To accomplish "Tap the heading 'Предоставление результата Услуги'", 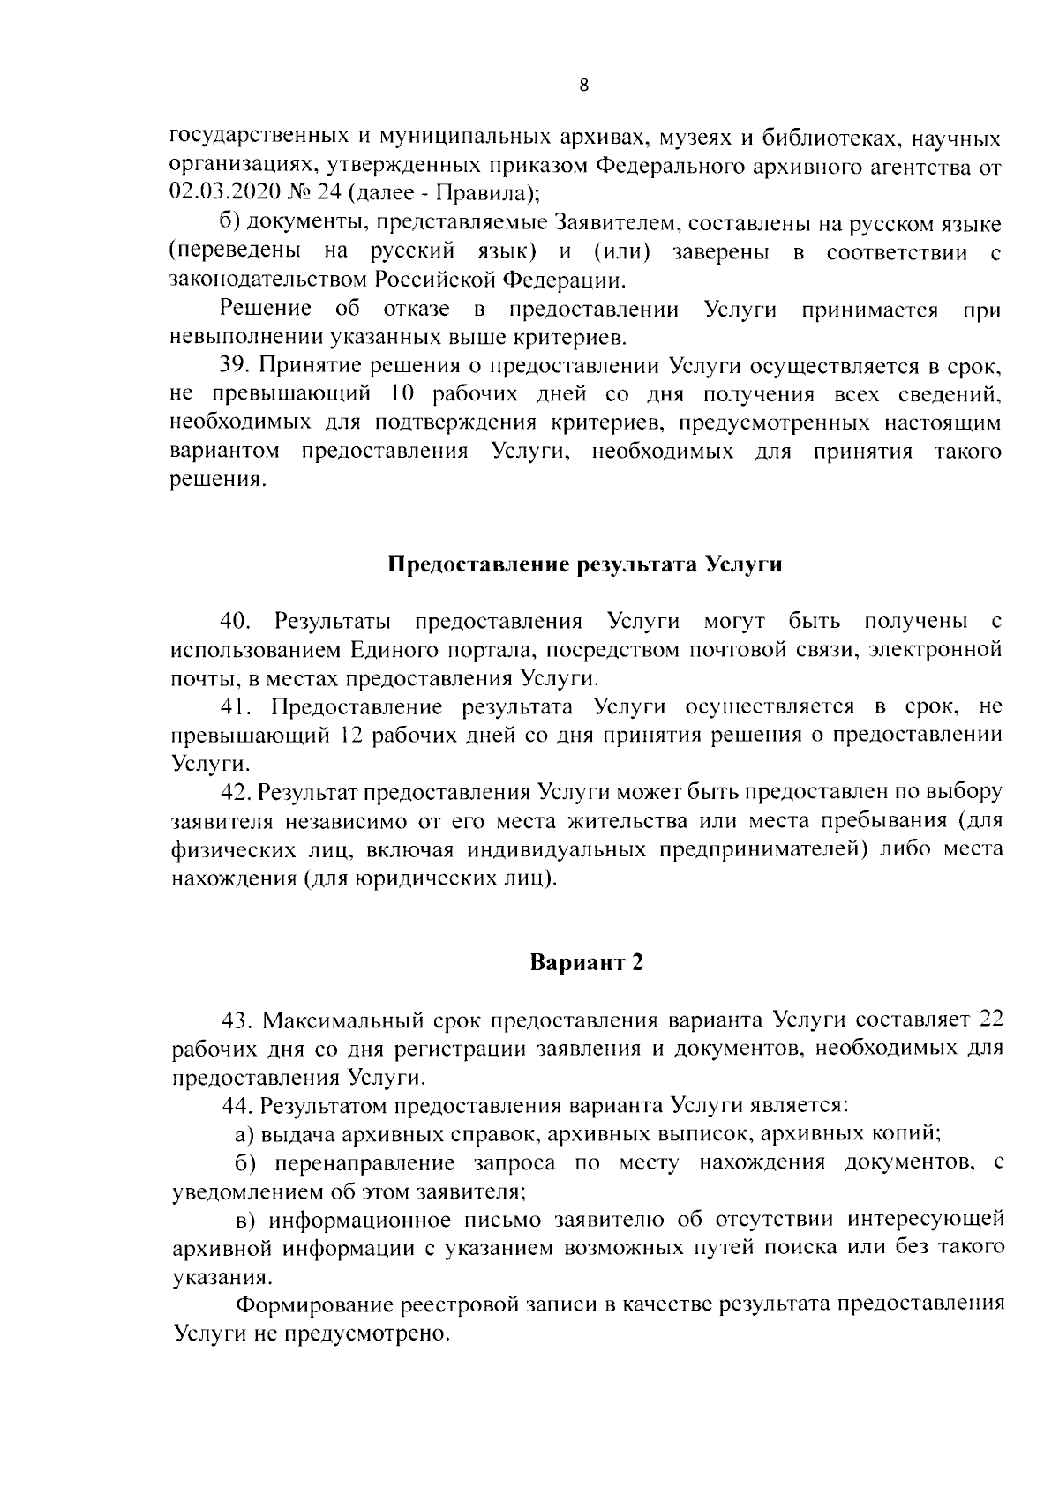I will pos(586,564).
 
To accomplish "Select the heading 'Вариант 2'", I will pos(586,962).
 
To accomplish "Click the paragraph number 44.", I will pos(237,1106).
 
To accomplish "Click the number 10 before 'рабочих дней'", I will pos(387,394).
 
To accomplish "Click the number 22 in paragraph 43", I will pos(990,1020).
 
